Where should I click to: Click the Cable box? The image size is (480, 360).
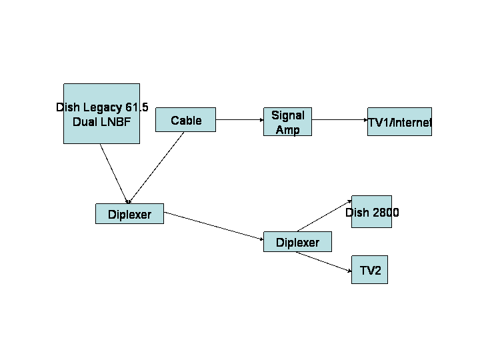click(x=185, y=120)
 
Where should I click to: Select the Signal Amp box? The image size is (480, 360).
click(x=288, y=121)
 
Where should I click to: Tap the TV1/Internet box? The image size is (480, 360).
click(x=400, y=121)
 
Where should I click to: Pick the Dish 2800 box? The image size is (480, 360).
click(x=371, y=211)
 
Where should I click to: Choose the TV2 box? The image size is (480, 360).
click(x=369, y=270)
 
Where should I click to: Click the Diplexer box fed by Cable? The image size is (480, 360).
click(x=130, y=214)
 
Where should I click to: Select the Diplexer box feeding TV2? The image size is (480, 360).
click(x=297, y=242)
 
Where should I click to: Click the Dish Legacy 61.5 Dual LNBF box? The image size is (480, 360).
click(x=101, y=113)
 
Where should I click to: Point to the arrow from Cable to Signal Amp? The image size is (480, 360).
click(x=240, y=120)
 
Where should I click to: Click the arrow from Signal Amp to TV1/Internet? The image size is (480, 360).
click(x=340, y=120)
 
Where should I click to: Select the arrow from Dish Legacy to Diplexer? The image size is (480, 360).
click(x=114, y=174)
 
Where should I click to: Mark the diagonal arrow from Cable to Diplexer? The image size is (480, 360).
click(x=156, y=168)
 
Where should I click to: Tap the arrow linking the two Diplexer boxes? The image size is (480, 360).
click(x=214, y=226)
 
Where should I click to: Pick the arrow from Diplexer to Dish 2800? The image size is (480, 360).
click(x=325, y=216)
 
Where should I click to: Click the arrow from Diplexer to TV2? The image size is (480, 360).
click(x=324, y=261)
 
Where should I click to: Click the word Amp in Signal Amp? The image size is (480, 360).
click(x=288, y=130)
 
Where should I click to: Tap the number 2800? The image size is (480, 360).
click(x=385, y=213)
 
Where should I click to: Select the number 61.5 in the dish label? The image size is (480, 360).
click(x=137, y=107)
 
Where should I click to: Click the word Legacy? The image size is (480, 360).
click(x=103, y=108)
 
